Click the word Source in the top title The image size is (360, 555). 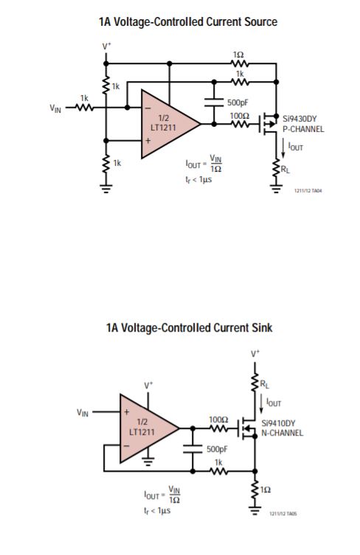tap(261, 22)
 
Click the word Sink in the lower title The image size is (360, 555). tap(262, 328)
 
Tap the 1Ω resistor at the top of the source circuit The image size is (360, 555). tap(240, 63)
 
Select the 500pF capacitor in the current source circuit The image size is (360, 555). tap(214, 102)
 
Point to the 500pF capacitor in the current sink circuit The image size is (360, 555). tap(193, 449)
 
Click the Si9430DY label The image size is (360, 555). tap(300, 119)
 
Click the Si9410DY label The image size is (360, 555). tap(278, 423)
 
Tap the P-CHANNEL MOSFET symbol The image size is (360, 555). tap(269, 124)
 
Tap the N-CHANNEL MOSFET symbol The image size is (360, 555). tap(248, 428)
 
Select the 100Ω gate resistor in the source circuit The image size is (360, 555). tap(240, 124)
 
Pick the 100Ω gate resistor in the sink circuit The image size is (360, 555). tap(218, 428)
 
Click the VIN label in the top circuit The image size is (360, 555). tap(55, 108)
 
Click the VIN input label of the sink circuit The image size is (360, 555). tap(83, 413)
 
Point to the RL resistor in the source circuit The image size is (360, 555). tap(277, 168)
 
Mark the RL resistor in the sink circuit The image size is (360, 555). tap(255, 383)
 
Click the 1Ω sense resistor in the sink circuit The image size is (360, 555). tap(255, 490)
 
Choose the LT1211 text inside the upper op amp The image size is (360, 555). tap(163, 128)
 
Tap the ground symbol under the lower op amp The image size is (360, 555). tap(148, 461)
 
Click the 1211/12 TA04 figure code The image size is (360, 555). tap(308, 191)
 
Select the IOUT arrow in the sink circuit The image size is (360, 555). tap(261, 404)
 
